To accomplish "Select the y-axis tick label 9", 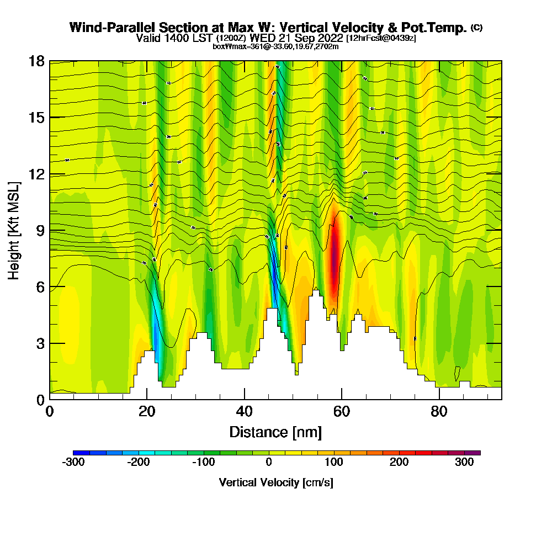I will click(x=40, y=230).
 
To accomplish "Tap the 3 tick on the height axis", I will click(x=40, y=343).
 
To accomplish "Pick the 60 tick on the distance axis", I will click(x=342, y=412).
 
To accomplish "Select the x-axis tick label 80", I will click(x=439, y=412).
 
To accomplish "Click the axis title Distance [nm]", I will click(x=275, y=432).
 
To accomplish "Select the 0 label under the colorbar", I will click(x=269, y=463).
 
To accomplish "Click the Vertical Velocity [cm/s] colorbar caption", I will click(x=276, y=482).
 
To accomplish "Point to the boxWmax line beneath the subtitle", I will click(x=275, y=46).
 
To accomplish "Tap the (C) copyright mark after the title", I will click(x=477, y=28).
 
